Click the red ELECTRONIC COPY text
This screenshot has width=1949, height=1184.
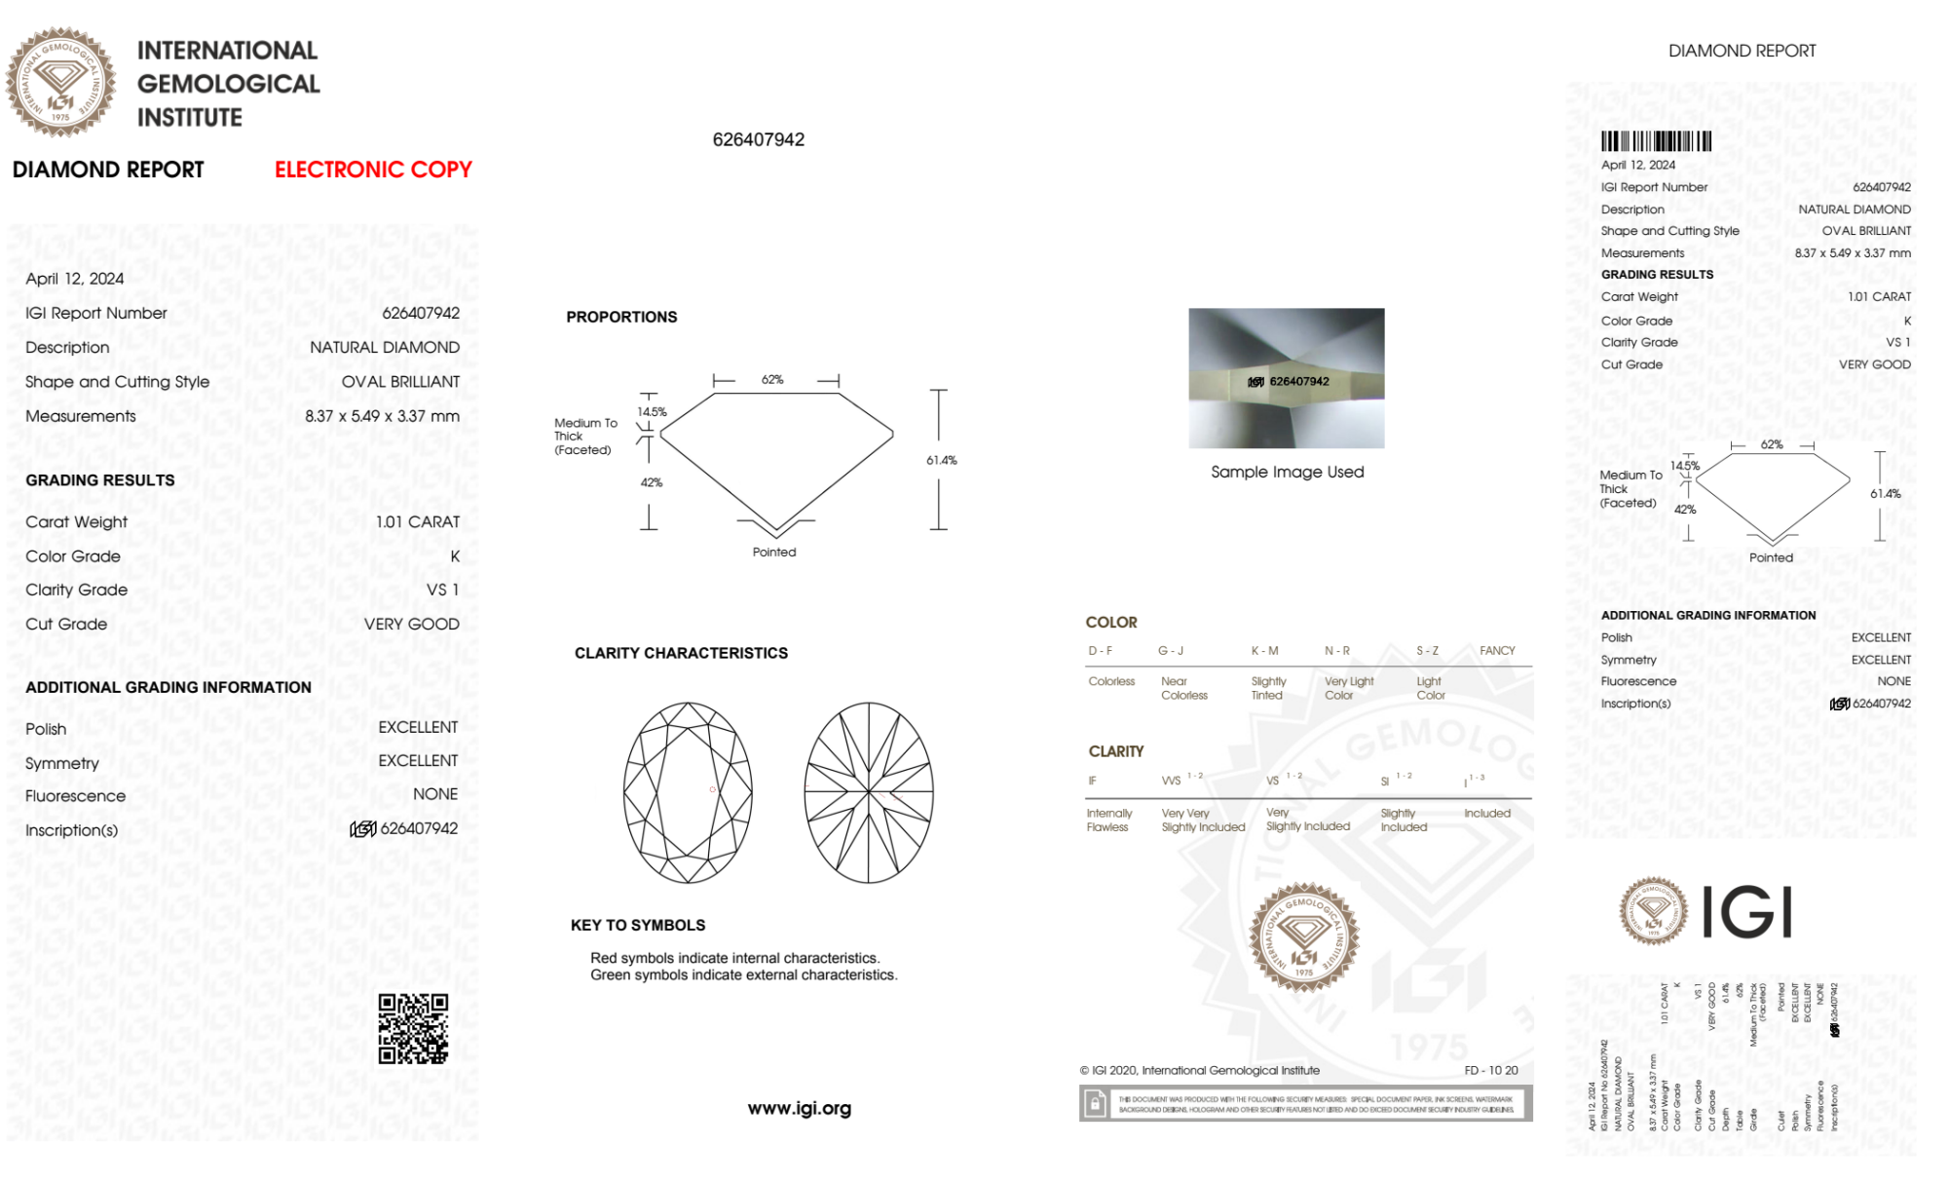pyautogui.click(x=373, y=170)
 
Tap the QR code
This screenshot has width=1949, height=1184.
pyautogui.click(x=413, y=1029)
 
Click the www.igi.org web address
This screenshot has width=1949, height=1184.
pyautogui.click(x=799, y=1108)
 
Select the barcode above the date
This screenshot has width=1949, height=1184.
pyautogui.click(x=1656, y=141)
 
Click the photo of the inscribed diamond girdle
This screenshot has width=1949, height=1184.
pyautogui.click(x=1286, y=378)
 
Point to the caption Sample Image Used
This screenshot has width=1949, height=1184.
pyautogui.click(x=1287, y=472)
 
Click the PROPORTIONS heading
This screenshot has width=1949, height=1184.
pyautogui.click(x=621, y=317)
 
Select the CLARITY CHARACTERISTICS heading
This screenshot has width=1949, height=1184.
pyautogui.click(x=681, y=653)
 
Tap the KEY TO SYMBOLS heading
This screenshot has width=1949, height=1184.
pyautogui.click(x=638, y=925)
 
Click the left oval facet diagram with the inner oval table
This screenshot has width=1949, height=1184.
pyautogui.click(x=688, y=792)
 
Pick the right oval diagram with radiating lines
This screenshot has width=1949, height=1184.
pyautogui.click(x=868, y=792)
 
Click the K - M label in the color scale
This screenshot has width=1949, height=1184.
pyautogui.click(x=1264, y=650)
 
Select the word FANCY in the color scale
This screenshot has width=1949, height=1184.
pyautogui.click(x=1497, y=650)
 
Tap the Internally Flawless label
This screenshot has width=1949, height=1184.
pyautogui.click(x=1109, y=820)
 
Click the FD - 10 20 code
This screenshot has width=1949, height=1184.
pyautogui.click(x=1490, y=1070)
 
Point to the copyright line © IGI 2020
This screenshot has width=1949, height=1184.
pyautogui.click(x=1199, y=1070)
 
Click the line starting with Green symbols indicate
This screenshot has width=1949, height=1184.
pyautogui.click(x=743, y=974)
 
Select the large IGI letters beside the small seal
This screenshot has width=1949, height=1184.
pyautogui.click(x=1747, y=912)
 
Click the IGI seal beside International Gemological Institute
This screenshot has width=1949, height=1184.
pyautogui.click(x=60, y=82)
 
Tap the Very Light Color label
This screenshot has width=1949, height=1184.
pyautogui.click(x=1349, y=688)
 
